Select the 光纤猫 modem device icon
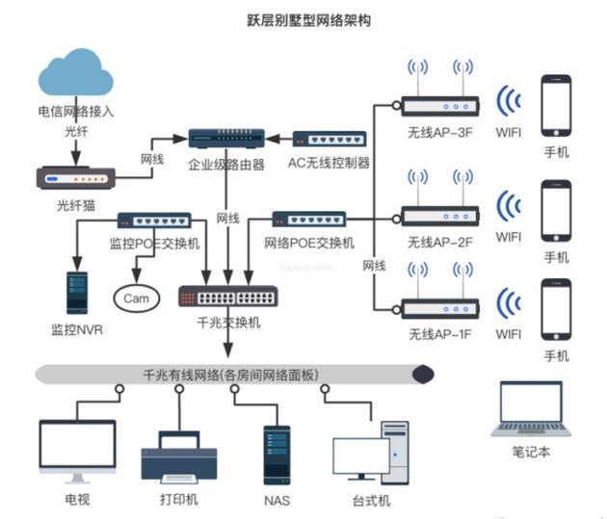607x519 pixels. point(75,179)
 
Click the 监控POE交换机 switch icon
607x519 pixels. point(154,221)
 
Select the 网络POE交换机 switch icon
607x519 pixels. point(308,221)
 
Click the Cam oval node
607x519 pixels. point(136,298)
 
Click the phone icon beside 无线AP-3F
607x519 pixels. point(557,107)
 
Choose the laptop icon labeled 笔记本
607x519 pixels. point(532,410)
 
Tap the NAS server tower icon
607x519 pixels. point(277,454)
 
